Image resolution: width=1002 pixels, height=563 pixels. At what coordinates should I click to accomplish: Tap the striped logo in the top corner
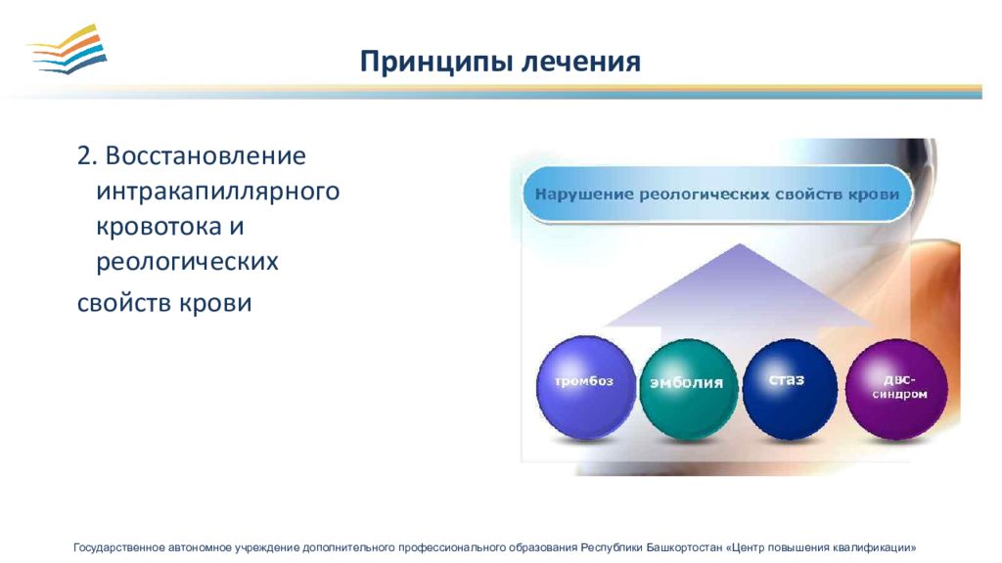click(x=68, y=49)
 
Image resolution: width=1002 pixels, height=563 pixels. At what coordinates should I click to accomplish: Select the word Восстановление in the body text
click(x=205, y=155)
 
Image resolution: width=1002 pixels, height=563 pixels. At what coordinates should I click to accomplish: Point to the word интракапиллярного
click(x=218, y=192)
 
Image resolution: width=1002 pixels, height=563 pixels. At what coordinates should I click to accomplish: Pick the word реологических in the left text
click(x=187, y=262)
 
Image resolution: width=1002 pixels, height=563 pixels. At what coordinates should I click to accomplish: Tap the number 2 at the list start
click(x=84, y=156)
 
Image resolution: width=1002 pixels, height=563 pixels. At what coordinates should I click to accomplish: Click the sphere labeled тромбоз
click(x=585, y=387)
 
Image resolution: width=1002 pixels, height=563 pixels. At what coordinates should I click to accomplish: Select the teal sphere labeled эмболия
click(x=688, y=389)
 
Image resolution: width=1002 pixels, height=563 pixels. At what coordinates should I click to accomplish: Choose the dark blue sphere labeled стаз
click(x=790, y=389)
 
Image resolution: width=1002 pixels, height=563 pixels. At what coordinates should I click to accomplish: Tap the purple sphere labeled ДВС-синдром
click(x=896, y=389)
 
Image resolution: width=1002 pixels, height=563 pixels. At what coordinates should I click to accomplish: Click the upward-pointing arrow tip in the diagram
click(x=740, y=243)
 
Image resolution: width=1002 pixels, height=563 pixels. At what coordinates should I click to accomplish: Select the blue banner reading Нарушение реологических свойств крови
click(x=717, y=195)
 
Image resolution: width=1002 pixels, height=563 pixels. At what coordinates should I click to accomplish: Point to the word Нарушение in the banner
click(x=584, y=195)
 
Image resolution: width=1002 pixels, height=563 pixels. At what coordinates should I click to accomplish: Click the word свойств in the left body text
click(x=124, y=303)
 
